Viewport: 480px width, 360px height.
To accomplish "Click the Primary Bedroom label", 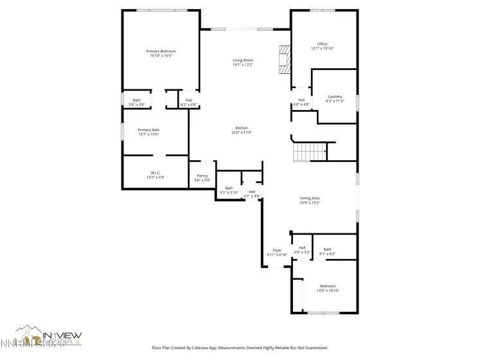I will tap(161, 53).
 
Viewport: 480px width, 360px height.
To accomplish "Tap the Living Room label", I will tap(243, 62).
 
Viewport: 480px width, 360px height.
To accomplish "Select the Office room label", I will tap(322, 46).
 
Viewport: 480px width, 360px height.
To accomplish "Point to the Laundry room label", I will tap(335, 98).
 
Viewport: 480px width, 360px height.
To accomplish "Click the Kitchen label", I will tap(242, 130).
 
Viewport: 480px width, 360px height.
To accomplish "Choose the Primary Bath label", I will tap(148, 132).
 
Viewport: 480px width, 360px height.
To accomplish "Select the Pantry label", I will tap(202, 177).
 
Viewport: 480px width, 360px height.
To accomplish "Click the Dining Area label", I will tap(310, 200).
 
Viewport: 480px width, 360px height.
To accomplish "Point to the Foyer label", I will tap(277, 252).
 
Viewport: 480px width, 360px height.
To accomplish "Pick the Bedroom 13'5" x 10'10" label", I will tap(328, 288).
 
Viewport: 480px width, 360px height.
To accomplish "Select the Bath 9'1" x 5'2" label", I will tap(328, 251).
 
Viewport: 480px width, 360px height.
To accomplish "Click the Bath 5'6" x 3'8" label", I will tap(137, 102).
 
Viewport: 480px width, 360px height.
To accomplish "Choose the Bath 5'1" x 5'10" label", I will tap(229, 190).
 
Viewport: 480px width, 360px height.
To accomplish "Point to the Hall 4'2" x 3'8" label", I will tap(189, 102).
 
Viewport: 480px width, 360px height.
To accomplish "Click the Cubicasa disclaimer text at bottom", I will tap(240, 347).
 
